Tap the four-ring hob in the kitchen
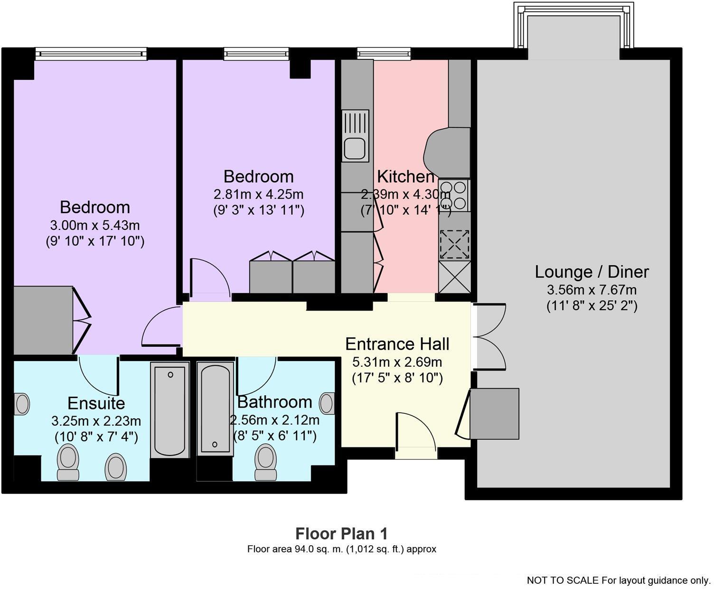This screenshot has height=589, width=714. pyautogui.click(x=454, y=195)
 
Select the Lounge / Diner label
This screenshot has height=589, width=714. pyautogui.click(x=592, y=272)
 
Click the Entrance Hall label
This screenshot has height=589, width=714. pyautogui.click(x=397, y=344)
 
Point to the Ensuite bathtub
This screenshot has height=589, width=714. pyautogui.click(x=170, y=409)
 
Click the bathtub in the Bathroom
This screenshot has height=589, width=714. pyautogui.click(x=215, y=408)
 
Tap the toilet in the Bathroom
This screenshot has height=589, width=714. pyautogui.click(x=266, y=462)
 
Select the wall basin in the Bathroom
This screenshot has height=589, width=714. pyautogui.click(x=327, y=403)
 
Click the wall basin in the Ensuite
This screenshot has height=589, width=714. pyautogui.click(x=22, y=404)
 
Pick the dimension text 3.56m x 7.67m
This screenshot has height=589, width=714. pyautogui.click(x=592, y=290)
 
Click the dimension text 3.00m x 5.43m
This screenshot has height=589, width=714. pyautogui.click(x=95, y=225)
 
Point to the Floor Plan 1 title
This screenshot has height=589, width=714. pyautogui.click(x=342, y=533)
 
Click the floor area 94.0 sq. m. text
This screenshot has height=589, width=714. pyautogui.click(x=342, y=549)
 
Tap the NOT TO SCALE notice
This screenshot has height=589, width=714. pyautogui.click(x=619, y=580)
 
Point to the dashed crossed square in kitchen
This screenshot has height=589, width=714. pyautogui.click(x=454, y=244)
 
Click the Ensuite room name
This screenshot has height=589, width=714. pyautogui.click(x=96, y=403)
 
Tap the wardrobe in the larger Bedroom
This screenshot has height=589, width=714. pyautogui.click(x=43, y=320)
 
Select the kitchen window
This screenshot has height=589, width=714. pyautogui.click(x=384, y=53)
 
